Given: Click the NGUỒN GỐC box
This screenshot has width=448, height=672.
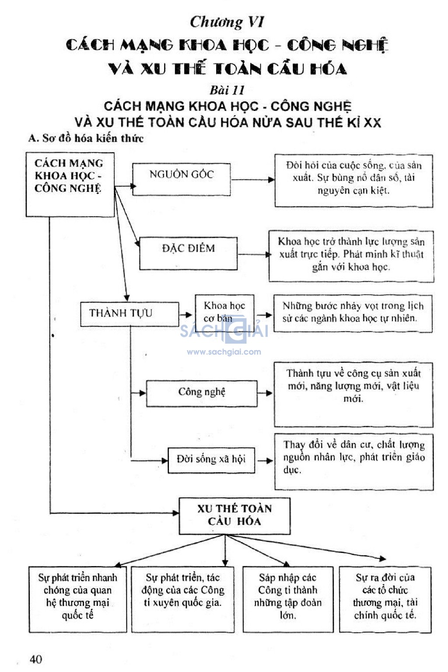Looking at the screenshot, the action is click(182, 179).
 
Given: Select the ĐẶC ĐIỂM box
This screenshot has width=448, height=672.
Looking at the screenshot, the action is click(189, 254).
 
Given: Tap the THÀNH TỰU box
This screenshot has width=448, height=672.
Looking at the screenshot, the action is click(129, 314).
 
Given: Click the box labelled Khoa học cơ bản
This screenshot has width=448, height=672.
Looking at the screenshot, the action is click(224, 312).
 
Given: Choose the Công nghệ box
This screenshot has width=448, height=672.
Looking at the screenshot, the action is click(202, 393).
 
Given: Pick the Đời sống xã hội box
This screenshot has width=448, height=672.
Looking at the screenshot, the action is click(211, 460).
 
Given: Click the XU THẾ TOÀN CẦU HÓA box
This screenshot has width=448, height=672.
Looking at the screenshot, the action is click(234, 516).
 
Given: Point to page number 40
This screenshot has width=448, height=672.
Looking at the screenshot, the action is click(36, 659).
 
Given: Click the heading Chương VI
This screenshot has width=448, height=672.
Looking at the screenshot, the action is click(227, 22).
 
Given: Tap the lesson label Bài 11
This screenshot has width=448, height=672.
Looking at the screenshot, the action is click(227, 90).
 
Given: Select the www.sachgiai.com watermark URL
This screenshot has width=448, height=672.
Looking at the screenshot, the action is click(224, 352).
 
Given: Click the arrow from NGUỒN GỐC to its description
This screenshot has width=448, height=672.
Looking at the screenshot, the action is click(253, 180).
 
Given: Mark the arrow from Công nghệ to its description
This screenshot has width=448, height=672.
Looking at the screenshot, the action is click(265, 393).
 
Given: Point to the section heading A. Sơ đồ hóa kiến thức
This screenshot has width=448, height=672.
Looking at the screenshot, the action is click(86, 138).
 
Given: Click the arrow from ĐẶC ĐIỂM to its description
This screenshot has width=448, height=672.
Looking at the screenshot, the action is click(255, 255).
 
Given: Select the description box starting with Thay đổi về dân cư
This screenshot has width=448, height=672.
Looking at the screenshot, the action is click(354, 462).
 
